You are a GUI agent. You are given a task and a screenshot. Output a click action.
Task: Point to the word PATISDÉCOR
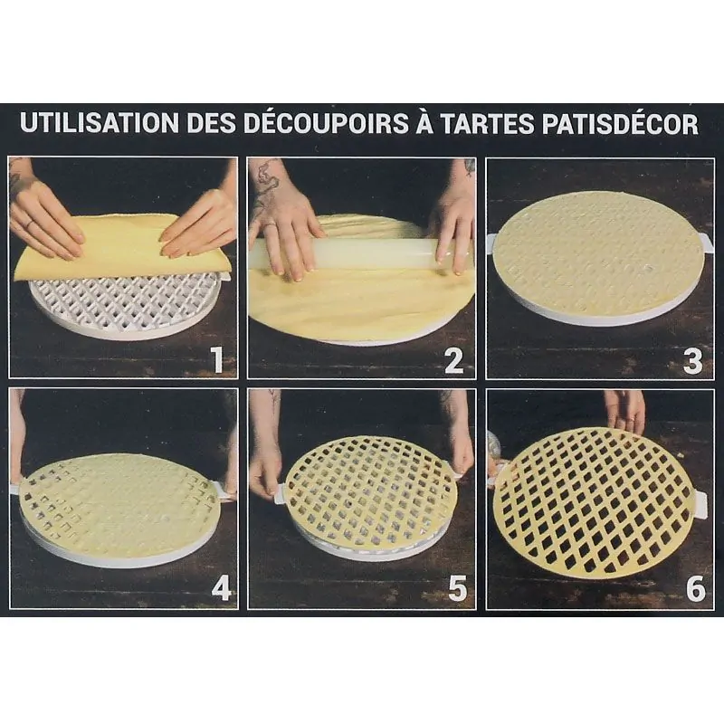point(624,124)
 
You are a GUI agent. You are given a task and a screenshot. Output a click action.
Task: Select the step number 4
point(220,589)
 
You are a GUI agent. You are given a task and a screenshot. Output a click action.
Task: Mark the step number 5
point(458,589)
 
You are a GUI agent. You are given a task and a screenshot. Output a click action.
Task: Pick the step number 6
point(695,589)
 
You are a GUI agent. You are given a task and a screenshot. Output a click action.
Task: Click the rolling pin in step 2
point(362,252)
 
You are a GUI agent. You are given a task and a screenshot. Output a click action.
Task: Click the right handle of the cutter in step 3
point(706,242)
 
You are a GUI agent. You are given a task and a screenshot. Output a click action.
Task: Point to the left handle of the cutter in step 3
point(491,242)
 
